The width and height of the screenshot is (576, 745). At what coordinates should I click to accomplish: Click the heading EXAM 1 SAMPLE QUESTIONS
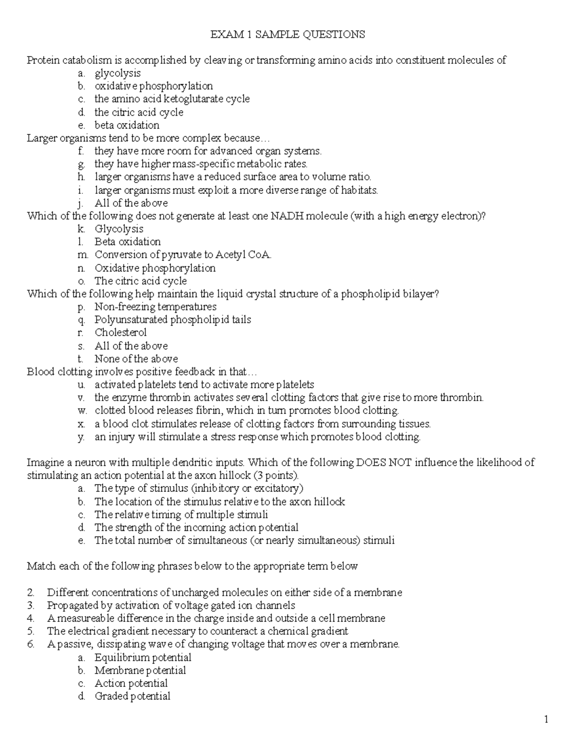point(288,35)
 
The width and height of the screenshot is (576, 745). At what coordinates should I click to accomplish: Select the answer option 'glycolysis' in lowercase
point(118,73)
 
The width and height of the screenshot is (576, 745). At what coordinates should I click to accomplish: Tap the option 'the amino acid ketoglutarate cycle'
point(172,99)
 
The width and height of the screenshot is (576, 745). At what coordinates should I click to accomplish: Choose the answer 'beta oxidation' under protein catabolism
point(127,125)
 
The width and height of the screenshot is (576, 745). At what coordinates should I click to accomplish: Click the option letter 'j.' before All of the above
point(81,203)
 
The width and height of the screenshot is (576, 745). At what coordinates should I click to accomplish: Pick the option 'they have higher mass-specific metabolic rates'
point(201,164)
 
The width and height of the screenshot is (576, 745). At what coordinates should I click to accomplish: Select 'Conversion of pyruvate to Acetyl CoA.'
point(183,255)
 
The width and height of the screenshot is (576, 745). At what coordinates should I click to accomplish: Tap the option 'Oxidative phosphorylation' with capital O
point(155,268)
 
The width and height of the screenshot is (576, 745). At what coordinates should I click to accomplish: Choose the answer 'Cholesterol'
point(120,332)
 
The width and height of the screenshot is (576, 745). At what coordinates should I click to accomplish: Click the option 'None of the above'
point(136,359)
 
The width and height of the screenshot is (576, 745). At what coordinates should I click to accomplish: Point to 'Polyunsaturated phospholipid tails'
point(173,319)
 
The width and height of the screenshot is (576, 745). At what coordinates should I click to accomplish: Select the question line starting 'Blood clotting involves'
point(142,372)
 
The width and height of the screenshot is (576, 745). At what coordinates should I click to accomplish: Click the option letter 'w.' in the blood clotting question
point(81,411)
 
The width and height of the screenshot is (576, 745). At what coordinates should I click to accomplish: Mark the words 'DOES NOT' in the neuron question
point(382,463)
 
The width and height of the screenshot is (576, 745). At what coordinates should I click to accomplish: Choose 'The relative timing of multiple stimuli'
point(181,515)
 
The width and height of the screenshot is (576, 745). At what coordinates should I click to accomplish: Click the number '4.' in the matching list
point(31,618)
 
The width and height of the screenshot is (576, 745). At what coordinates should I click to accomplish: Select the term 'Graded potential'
point(132,696)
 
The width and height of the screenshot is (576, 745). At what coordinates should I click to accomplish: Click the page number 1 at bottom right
point(546,720)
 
